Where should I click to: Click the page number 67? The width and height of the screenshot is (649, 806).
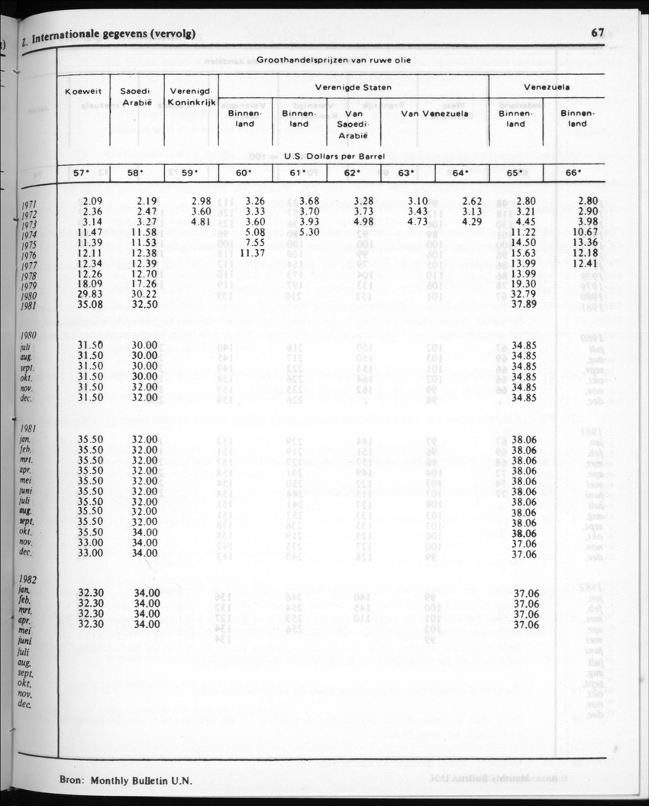pos(597,32)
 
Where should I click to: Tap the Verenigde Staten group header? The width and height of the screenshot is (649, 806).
pos(353,87)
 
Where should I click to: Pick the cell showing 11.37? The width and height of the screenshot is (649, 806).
pos(252,253)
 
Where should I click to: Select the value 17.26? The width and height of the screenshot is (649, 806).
pos(144,285)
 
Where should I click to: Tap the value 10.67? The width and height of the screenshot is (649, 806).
pos(585,232)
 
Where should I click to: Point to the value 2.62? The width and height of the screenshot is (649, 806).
pos(467,201)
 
